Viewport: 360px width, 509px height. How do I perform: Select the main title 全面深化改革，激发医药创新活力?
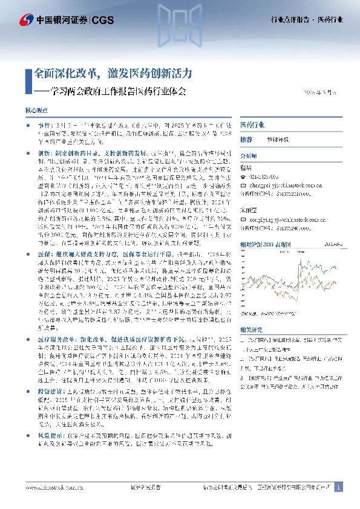tap(113, 74)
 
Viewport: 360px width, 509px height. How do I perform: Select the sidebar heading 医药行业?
tap(252, 125)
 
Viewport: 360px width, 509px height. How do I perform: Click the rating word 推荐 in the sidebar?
tap(246, 139)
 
